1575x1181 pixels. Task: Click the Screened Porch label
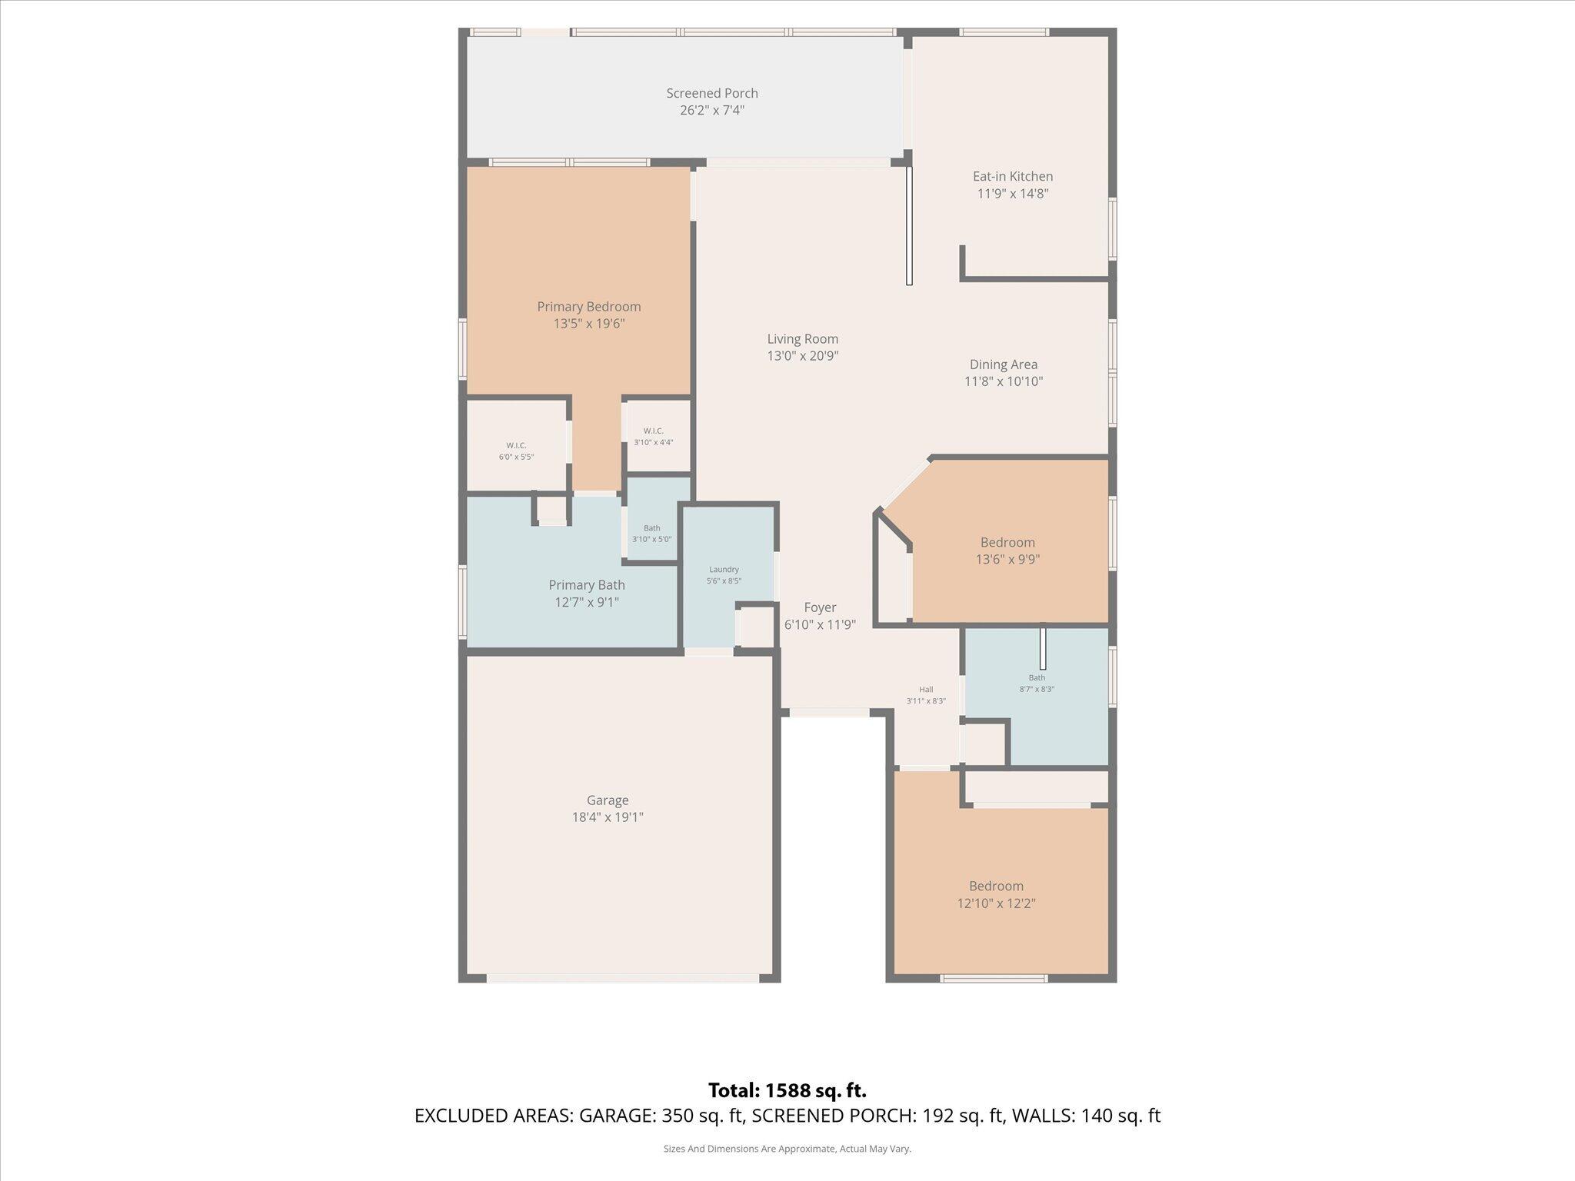[711, 93]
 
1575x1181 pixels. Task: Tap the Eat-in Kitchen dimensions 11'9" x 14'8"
[1012, 194]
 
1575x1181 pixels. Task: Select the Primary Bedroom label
[588, 307]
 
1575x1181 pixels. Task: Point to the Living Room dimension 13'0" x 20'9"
[802, 356]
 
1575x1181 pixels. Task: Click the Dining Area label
[1003, 364]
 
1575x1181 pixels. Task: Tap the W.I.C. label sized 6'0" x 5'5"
[516, 446]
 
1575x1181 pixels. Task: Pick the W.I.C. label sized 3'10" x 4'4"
[653, 431]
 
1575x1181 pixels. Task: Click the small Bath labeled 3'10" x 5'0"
[651, 528]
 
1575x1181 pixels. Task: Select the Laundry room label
[724, 570]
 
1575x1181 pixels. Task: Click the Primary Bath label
[586, 585]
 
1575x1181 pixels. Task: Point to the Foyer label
[820, 607]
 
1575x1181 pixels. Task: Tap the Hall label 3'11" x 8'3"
[925, 690]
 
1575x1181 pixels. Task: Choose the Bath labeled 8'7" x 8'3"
[1037, 677]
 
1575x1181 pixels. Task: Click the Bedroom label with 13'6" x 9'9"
[1007, 543]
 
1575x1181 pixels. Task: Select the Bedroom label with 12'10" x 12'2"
[996, 886]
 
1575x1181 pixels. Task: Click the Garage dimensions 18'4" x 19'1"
[607, 817]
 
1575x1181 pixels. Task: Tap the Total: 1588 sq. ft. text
[787, 1090]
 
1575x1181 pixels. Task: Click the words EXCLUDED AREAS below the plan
[492, 1116]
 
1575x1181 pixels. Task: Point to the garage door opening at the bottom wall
[622, 978]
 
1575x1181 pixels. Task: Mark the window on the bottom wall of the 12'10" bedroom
[993, 978]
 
